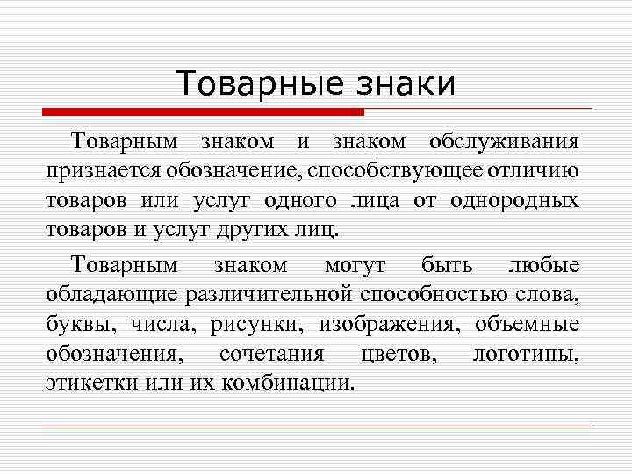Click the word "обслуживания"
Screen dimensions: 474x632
click(x=503, y=141)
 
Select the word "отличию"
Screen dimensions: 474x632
click(x=537, y=172)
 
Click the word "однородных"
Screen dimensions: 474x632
click(x=515, y=202)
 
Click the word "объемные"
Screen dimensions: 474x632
click(x=527, y=323)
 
